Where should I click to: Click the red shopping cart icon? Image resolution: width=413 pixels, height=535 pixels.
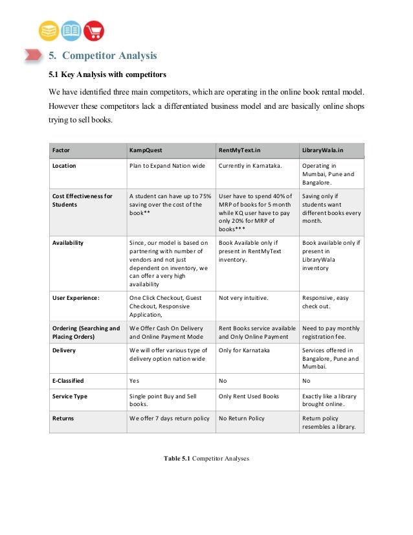click(x=94, y=30)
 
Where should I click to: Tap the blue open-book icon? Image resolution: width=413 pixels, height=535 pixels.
click(x=71, y=30)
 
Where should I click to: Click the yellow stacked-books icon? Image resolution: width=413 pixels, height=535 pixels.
click(x=49, y=30)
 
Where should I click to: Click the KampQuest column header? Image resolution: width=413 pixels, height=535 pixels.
click(x=146, y=150)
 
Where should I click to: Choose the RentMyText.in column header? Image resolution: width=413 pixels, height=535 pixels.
click(x=240, y=150)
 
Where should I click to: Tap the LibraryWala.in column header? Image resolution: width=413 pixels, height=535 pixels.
click(x=323, y=150)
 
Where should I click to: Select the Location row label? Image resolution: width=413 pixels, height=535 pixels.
click(x=64, y=166)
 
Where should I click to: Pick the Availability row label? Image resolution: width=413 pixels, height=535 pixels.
click(x=68, y=243)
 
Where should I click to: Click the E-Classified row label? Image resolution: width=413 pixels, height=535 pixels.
click(x=68, y=381)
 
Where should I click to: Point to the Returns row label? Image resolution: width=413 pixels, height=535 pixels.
click(x=63, y=418)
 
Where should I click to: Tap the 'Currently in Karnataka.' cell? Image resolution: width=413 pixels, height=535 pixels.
click(x=249, y=166)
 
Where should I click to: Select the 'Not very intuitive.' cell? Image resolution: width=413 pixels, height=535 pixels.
click(x=243, y=298)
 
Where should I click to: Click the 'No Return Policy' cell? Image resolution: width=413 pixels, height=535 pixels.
click(x=241, y=418)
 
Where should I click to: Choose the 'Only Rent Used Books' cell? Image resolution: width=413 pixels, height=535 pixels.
click(x=249, y=396)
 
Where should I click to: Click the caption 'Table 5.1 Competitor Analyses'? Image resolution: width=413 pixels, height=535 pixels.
click(x=206, y=459)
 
